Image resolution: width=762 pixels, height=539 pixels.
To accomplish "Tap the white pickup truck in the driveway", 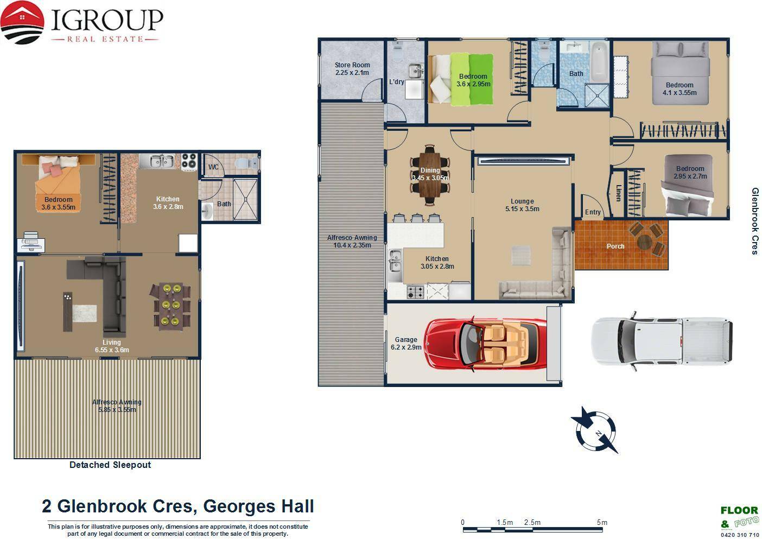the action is [x=662, y=341].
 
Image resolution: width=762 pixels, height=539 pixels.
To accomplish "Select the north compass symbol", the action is [x=596, y=431].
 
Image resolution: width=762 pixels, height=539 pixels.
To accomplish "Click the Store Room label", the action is [x=352, y=65].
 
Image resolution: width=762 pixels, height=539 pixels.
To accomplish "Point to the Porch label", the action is [x=615, y=246].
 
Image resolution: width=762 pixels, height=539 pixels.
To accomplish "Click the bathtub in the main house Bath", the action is [x=599, y=62].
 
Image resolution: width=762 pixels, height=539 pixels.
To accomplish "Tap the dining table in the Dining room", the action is [x=430, y=175].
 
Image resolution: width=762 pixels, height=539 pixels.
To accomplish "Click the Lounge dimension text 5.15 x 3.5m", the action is [x=522, y=209].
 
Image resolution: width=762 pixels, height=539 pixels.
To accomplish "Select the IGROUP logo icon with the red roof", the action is [x=22, y=22].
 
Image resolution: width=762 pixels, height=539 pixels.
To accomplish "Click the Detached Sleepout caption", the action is [x=110, y=465].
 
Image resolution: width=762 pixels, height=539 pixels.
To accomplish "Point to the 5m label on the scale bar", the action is [x=602, y=522].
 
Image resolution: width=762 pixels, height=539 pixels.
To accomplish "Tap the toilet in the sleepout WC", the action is [x=246, y=163].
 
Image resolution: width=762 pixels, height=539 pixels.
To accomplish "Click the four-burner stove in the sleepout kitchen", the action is [x=189, y=162].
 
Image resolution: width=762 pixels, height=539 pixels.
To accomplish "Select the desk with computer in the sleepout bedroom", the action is [x=31, y=241].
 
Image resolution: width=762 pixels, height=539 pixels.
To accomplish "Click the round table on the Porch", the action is [x=644, y=242].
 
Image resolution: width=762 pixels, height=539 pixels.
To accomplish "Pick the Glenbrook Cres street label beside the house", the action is [x=755, y=221].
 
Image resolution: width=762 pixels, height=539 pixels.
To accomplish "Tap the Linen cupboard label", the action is [x=618, y=193].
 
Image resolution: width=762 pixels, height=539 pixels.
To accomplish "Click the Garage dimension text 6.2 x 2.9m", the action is [x=406, y=347].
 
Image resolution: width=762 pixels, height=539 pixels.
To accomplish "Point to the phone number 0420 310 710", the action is [x=740, y=535].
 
